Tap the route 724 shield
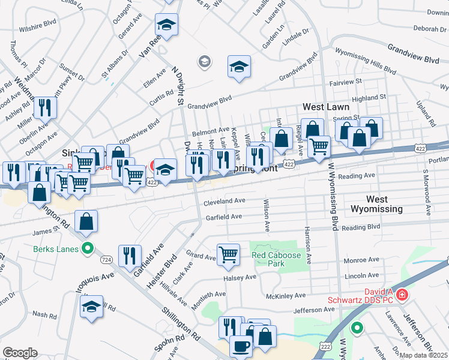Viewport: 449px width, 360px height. [106, 259]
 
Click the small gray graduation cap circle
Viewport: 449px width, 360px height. [205, 61]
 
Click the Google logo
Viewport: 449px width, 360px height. [20, 353]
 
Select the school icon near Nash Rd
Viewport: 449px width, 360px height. [92, 307]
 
